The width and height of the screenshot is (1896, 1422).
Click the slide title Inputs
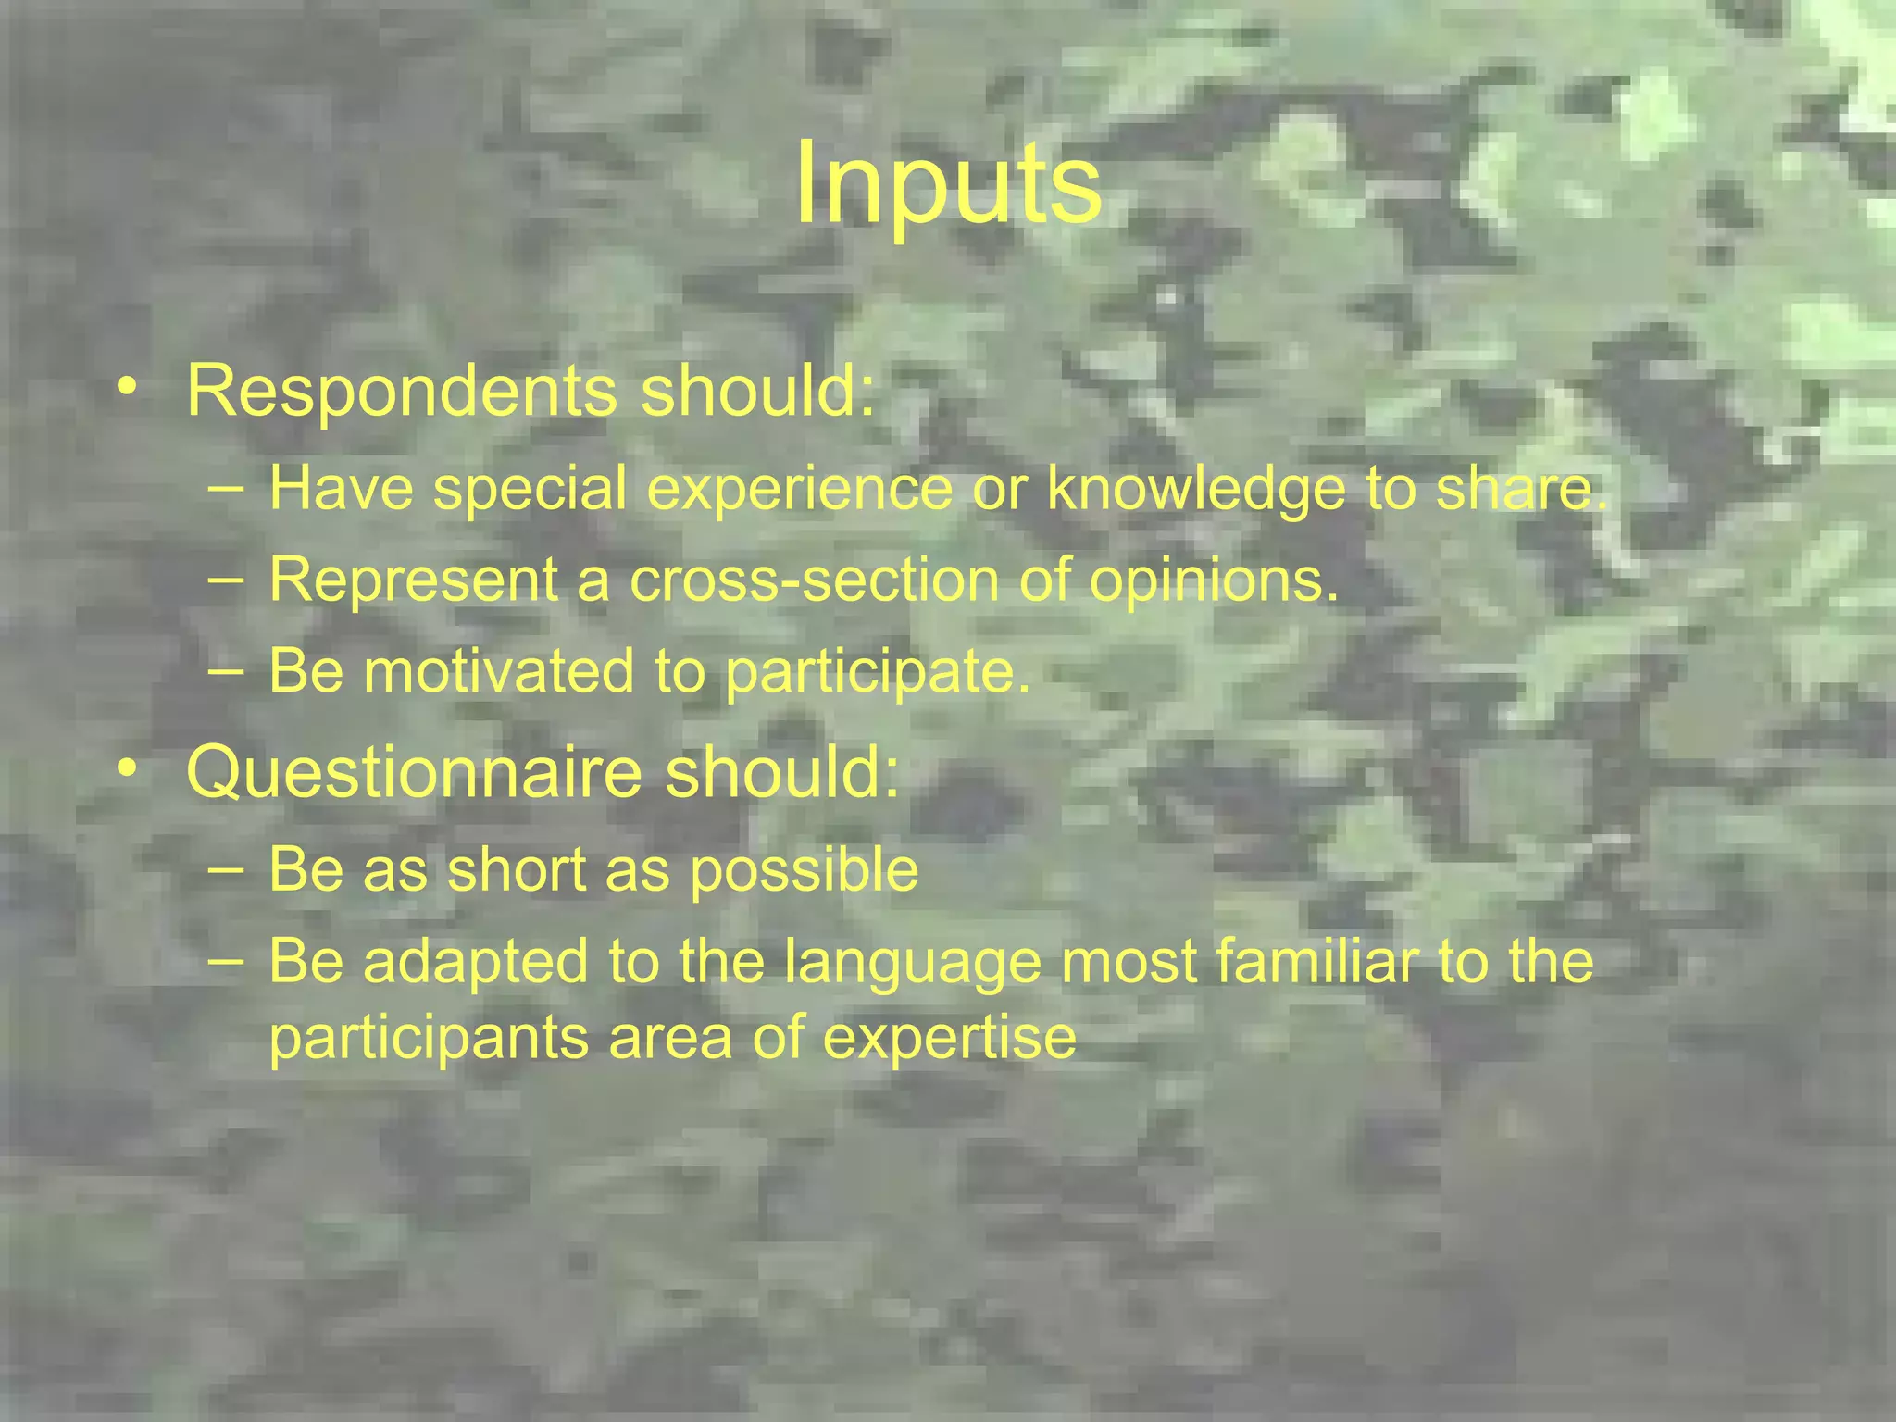(948, 182)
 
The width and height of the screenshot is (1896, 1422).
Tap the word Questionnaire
(414, 773)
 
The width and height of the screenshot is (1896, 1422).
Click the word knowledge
(1195, 488)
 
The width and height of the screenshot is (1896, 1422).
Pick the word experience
(799, 488)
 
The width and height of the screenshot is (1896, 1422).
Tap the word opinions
(1214, 580)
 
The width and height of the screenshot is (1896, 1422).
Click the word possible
(805, 871)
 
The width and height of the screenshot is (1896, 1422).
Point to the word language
(912, 962)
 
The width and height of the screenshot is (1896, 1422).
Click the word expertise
(950, 1038)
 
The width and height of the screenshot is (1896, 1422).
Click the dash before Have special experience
(227, 488)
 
